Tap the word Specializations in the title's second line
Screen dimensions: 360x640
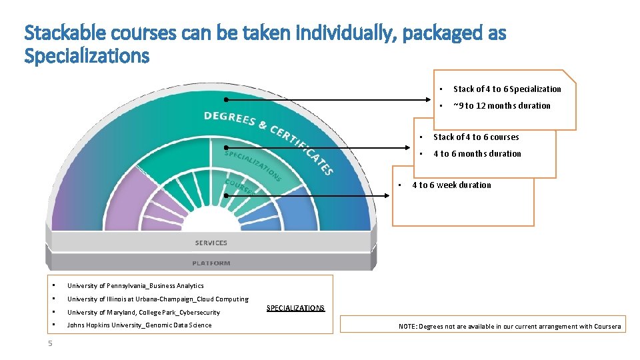click(87, 56)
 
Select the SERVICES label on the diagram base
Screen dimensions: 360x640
click(211, 243)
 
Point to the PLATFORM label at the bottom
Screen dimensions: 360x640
click(211, 263)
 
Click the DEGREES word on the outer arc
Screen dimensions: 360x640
click(230, 118)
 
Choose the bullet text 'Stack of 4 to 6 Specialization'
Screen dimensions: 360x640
click(507, 89)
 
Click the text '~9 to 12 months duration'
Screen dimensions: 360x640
click(501, 105)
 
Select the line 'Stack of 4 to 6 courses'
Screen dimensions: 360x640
click(476, 137)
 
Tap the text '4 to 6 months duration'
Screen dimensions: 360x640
click(477, 153)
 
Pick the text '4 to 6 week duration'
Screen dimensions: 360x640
click(451, 185)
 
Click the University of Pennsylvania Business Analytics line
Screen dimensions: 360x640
click(135, 285)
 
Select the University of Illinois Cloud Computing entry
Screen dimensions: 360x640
click(157, 299)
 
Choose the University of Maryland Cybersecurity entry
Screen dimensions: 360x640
click(143, 312)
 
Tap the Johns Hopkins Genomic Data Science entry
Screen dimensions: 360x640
click(139, 325)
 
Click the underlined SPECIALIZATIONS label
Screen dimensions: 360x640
click(295, 308)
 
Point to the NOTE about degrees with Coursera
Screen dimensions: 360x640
click(509, 326)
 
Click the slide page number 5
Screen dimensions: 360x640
click(50, 343)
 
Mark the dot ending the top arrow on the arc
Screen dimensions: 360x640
click(226, 100)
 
